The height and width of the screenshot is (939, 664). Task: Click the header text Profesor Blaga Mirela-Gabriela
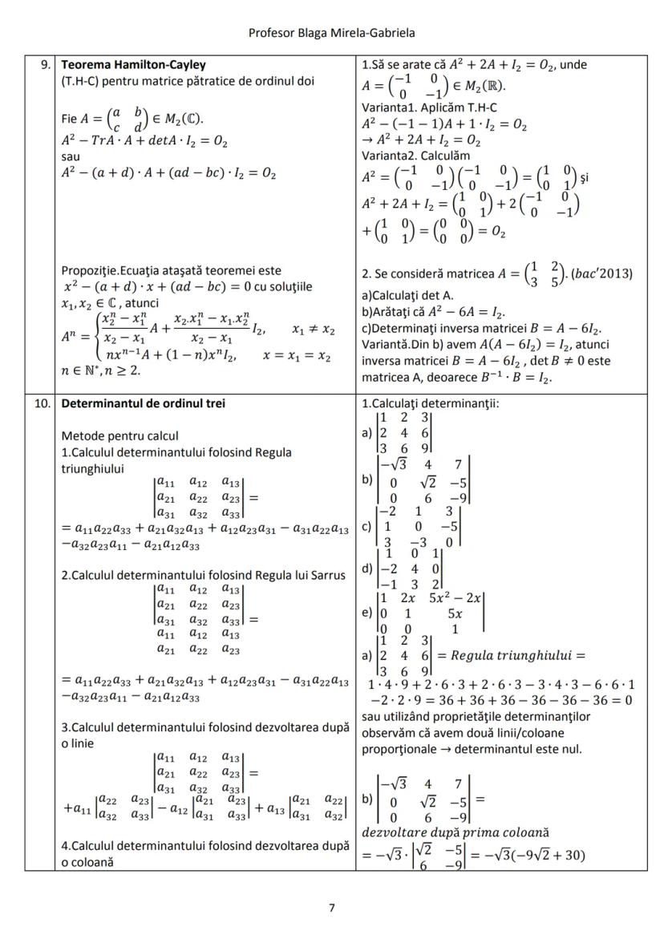(x=331, y=33)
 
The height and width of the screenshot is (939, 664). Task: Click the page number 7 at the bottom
(x=332, y=908)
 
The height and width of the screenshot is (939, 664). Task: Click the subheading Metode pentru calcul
(x=117, y=436)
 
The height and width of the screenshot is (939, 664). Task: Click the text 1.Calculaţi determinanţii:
(x=430, y=403)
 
